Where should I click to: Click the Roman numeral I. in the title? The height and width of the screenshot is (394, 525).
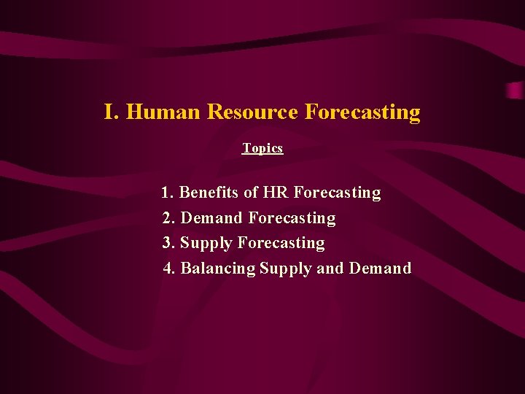click(x=112, y=112)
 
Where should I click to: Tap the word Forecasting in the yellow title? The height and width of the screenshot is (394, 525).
click(x=362, y=112)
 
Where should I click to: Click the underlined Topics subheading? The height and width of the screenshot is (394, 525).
click(x=262, y=148)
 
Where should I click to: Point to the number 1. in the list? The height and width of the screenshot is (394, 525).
click(x=168, y=193)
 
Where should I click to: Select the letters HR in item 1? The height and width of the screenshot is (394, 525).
click(x=276, y=193)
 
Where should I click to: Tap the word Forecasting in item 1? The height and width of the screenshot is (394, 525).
click(x=337, y=193)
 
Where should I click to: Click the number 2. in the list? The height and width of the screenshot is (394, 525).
click(x=169, y=218)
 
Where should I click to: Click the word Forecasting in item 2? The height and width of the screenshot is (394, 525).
click(x=292, y=218)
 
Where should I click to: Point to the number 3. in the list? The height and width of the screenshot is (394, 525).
click(x=169, y=243)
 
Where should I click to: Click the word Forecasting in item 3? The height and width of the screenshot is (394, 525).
click(x=281, y=243)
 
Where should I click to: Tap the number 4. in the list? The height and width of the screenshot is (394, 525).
click(x=170, y=269)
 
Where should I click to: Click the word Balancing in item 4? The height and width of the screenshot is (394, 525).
click(x=218, y=269)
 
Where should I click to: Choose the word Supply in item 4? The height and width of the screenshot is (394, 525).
click(x=286, y=269)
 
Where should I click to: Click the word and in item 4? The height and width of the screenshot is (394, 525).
click(x=330, y=269)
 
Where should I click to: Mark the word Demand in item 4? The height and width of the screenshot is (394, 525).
click(x=380, y=269)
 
